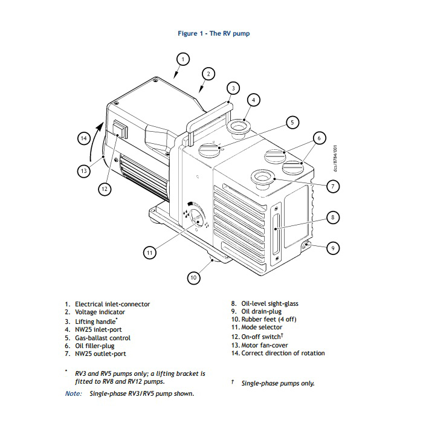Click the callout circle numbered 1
(184, 59)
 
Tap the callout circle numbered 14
(84, 138)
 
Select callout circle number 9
(332, 247)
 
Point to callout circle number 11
(150, 253)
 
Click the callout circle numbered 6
(318, 138)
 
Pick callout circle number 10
(193, 278)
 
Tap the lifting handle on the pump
(208, 115)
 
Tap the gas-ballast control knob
(212, 148)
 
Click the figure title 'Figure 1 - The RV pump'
(213, 33)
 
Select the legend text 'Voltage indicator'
(100, 312)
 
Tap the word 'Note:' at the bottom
(74, 393)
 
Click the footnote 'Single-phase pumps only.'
(278, 383)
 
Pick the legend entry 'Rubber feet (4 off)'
(268, 319)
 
